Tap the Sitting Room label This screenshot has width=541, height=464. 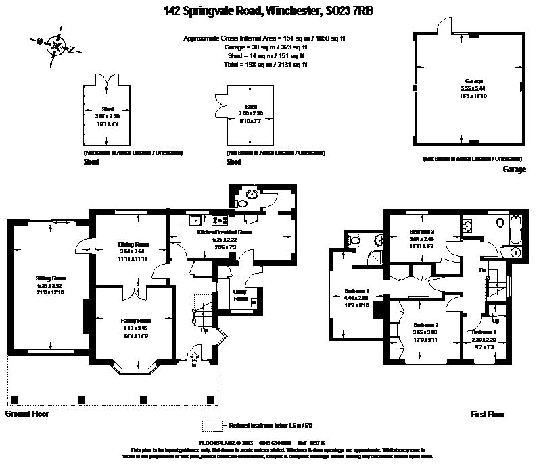[x=51, y=278]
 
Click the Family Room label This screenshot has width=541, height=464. [x=136, y=320]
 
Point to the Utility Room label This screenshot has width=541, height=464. [x=240, y=294]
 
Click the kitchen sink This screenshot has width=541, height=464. [x=195, y=219]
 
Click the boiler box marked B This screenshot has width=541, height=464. [x=253, y=303]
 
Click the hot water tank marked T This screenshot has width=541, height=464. [x=515, y=252]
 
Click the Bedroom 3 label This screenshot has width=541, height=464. [x=422, y=232]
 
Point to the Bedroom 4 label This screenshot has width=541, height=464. [x=484, y=332]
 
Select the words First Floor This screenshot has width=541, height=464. [x=488, y=414]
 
